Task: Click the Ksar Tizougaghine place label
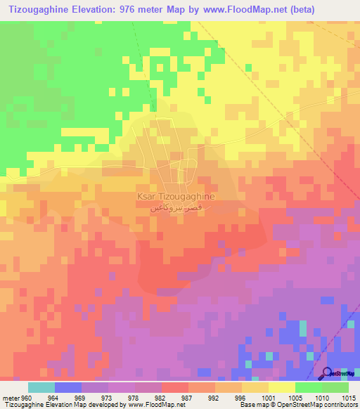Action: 172,197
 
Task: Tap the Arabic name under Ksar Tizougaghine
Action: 172,209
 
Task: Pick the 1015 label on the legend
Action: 349,396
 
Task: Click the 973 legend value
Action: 108,396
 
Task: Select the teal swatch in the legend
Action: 41,387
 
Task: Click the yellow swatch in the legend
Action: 282,387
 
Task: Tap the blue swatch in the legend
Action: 68,387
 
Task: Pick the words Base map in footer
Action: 251,405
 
